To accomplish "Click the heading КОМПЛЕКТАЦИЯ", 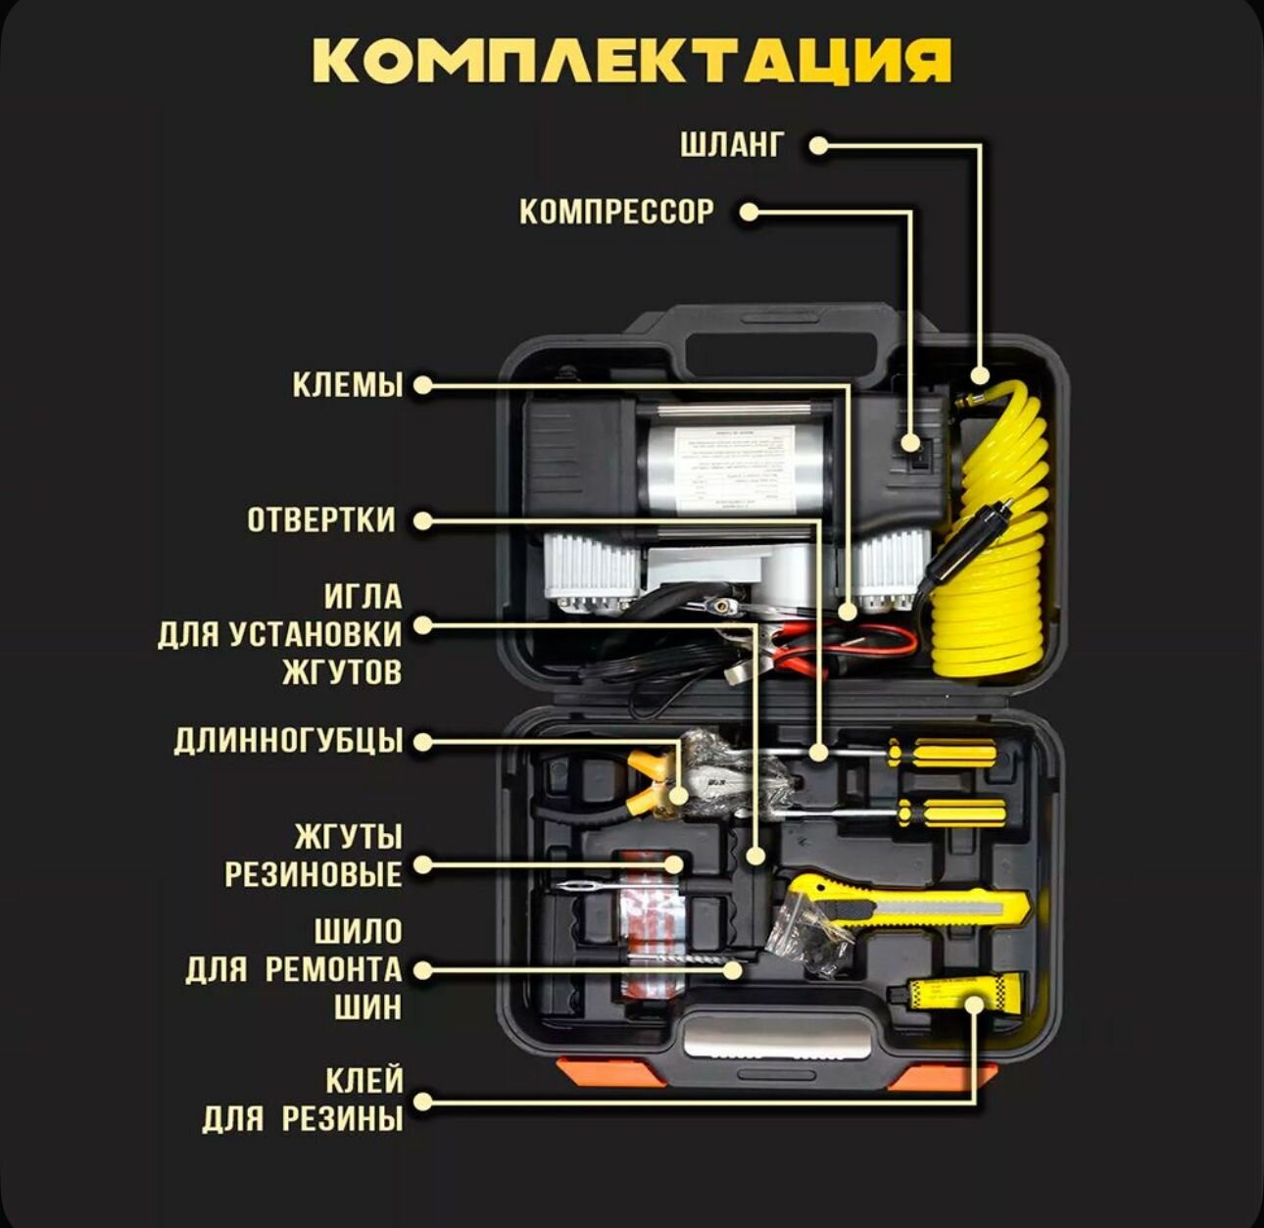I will [x=632, y=61].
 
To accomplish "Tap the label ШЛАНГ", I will [x=732, y=145].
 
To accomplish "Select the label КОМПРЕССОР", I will [x=616, y=212].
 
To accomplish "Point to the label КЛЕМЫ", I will [x=348, y=385].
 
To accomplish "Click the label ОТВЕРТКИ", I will [x=321, y=519].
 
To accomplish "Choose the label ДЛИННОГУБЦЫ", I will [x=288, y=741].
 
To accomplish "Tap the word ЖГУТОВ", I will [x=342, y=672].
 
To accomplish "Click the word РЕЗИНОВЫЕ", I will [x=314, y=873].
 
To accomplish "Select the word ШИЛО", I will [x=359, y=930].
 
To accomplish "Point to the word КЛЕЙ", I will [x=365, y=1081].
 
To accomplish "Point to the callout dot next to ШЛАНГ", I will [x=818, y=146].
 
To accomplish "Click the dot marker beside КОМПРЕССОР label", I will [x=748, y=212].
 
